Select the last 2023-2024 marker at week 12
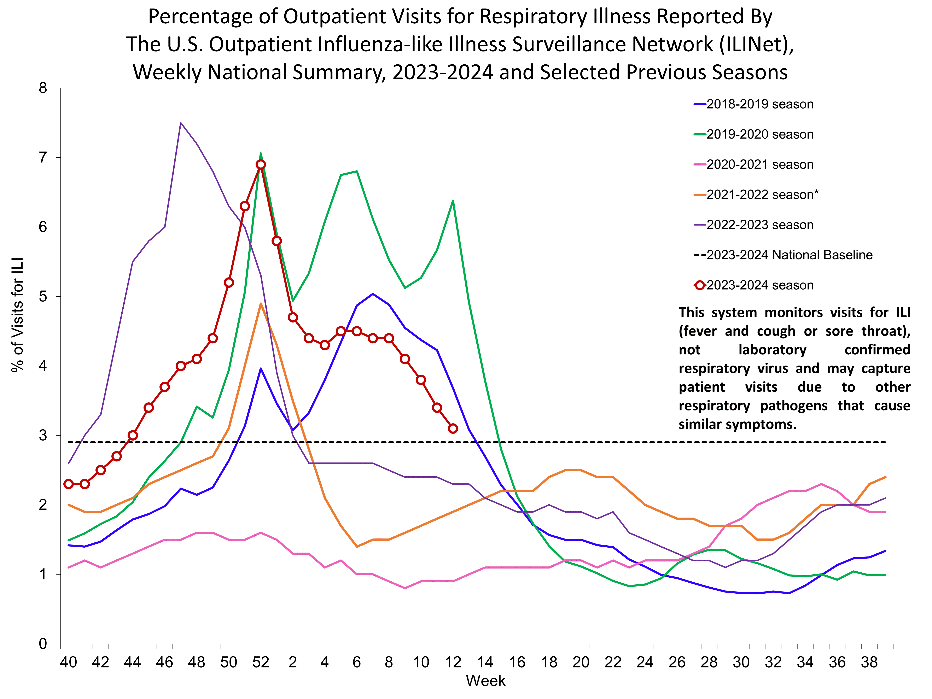(x=453, y=429)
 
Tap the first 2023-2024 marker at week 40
(x=69, y=484)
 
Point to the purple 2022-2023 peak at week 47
(x=181, y=123)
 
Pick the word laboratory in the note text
(x=772, y=350)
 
